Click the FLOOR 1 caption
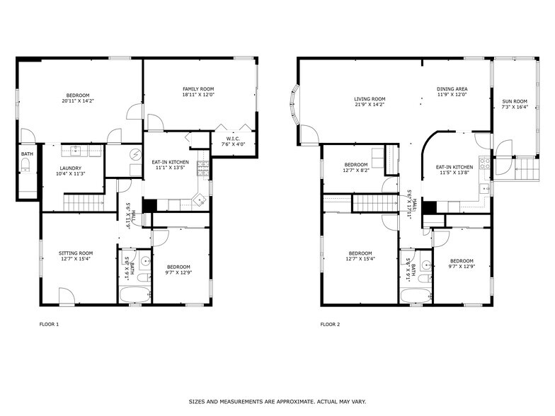(x=49, y=324)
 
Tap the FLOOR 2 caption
(x=330, y=324)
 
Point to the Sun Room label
(x=515, y=101)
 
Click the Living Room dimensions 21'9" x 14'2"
(x=370, y=105)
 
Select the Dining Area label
(x=452, y=89)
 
